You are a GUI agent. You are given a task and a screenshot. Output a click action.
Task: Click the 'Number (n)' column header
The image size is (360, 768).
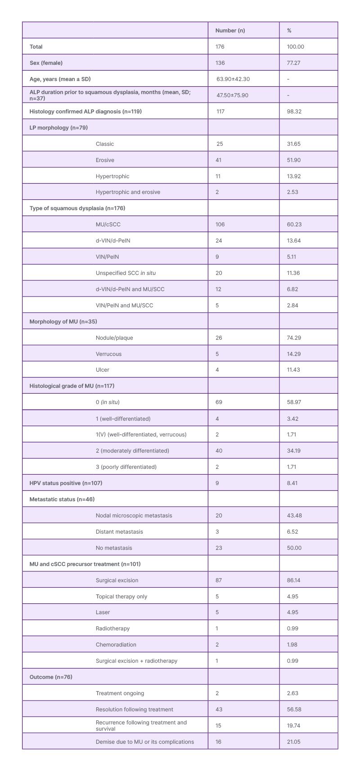pyautogui.click(x=230, y=31)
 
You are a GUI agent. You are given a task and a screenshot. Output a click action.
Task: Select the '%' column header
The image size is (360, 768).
pyautogui.click(x=289, y=31)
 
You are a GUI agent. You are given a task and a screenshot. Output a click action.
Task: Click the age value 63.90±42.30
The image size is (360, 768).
pyautogui.click(x=233, y=79)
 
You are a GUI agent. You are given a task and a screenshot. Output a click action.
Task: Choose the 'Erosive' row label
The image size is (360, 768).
pyautogui.click(x=105, y=160)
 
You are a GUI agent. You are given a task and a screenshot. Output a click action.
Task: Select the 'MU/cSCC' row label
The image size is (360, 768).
pyautogui.click(x=108, y=225)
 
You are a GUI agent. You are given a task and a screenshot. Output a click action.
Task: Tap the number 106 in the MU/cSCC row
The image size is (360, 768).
pyautogui.click(x=220, y=225)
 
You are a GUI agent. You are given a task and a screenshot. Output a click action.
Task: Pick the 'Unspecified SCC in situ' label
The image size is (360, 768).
pyautogui.click(x=126, y=273)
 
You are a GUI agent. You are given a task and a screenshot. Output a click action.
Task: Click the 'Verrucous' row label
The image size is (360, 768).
pyautogui.click(x=108, y=354)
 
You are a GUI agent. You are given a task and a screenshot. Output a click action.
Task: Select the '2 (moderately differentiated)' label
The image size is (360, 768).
pyautogui.click(x=132, y=451)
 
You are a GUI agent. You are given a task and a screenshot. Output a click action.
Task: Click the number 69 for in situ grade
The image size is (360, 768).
pyautogui.click(x=219, y=402)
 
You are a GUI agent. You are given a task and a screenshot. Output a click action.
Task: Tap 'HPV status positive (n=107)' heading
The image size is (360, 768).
pyautogui.click(x=66, y=483)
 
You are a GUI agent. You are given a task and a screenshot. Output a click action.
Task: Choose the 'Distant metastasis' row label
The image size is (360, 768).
pyautogui.click(x=119, y=532)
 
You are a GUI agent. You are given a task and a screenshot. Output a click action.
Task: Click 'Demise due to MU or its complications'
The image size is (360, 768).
pyautogui.click(x=145, y=742)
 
